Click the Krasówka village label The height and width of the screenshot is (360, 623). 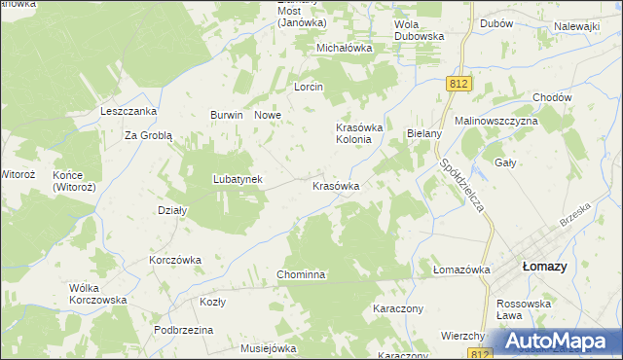tap(336, 185)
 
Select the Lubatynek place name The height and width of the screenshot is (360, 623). tap(238, 179)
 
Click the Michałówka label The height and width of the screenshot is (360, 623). tap(345, 47)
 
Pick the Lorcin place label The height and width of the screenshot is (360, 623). tap(309, 86)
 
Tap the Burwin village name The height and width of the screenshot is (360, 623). tap(226, 115)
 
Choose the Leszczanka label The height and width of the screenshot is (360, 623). tap(128, 111)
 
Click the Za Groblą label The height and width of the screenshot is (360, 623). tap(148, 136)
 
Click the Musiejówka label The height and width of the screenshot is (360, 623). tap(268, 347)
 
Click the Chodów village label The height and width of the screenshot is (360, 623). tap(552, 97)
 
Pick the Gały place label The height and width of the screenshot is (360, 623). tap(505, 162)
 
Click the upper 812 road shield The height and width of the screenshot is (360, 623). tap(460, 85)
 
